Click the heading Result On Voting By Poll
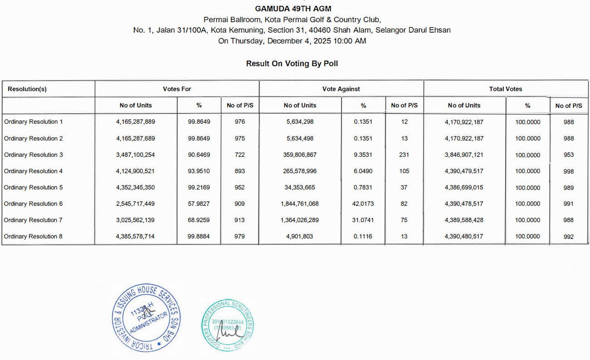click(x=292, y=63)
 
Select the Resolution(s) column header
click(x=27, y=89)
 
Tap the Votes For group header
click(x=177, y=89)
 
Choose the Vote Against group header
click(x=341, y=89)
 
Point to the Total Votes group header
click(x=506, y=89)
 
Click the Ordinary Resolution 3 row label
click(x=34, y=155)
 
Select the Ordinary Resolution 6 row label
click(x=34, y=204)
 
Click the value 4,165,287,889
click(x=136, y=122)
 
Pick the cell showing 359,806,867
click(x=300, y=155)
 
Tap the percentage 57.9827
click(x=199, y=204)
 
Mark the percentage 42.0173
click(x=363, y=204)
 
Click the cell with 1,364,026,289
click(x=300, y=220)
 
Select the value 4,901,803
click(x=300, y=236)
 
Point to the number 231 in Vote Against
click(x=404, y=155)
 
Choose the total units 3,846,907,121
click(x=464, y=155)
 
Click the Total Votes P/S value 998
click(x=569, y=171)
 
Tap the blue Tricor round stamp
click(x=146, y=317)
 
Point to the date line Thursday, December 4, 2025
click(x=292, y=41)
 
